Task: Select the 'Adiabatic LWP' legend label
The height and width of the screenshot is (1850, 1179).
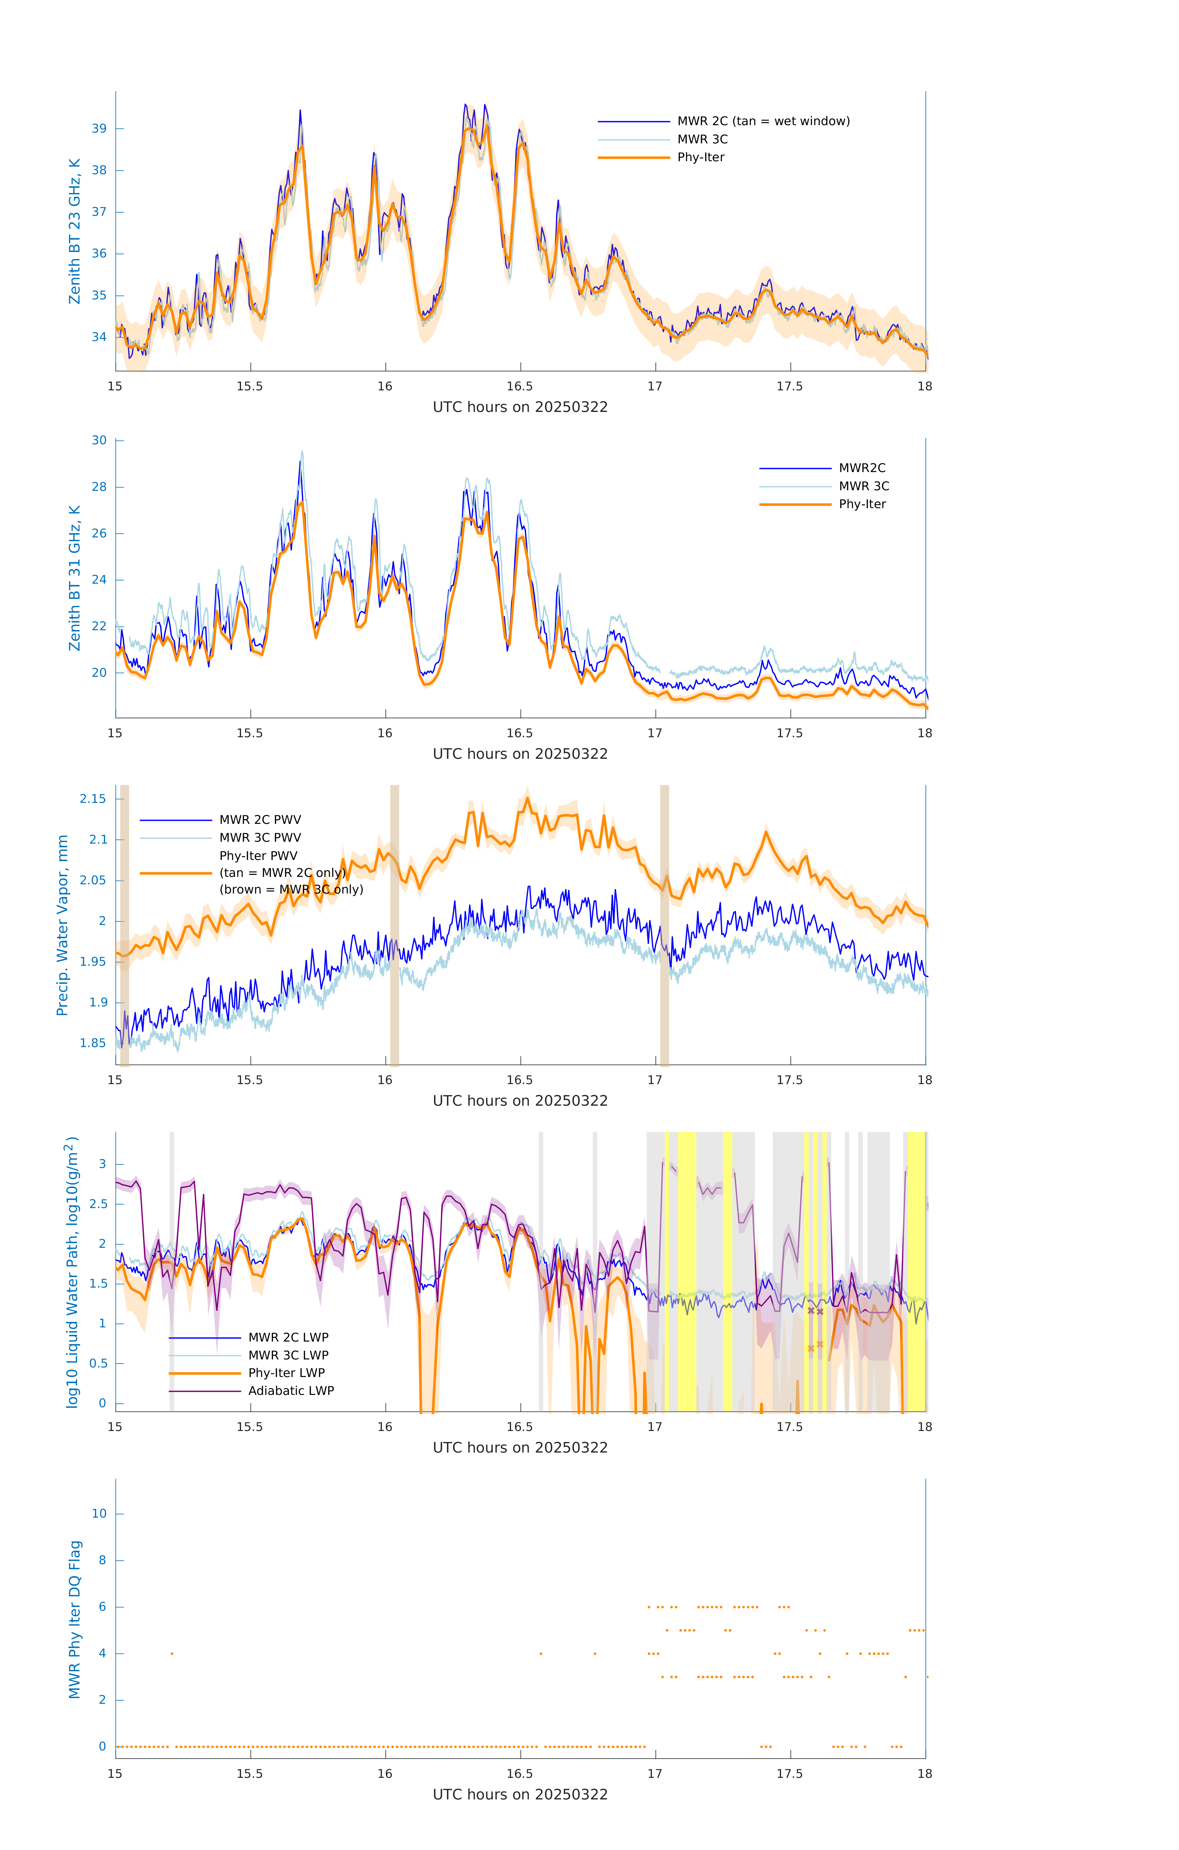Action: (x=291, y=1391)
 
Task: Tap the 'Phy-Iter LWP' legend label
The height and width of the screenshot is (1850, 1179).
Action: (x=286, y=1373)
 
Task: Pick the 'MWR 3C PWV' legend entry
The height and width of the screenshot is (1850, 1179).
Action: (x=260, y=837)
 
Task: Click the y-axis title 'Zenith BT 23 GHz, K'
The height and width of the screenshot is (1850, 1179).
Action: (x=75, y=231)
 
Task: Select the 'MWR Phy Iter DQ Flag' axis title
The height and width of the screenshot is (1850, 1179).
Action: (x=75, y=1619)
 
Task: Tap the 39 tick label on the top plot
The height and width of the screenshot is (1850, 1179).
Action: (x=99, y=128)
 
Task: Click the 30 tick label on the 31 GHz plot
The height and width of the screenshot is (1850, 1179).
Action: (x=99, y=440)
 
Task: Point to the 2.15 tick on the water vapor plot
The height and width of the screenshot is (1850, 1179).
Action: (x=93, y=799)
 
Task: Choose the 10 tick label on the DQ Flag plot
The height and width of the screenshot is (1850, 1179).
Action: (x=99, y=1514)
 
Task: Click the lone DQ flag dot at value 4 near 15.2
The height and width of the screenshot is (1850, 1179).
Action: (x=172, y=1653)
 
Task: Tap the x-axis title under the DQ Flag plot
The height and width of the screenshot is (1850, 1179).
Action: (x=520, y=1795)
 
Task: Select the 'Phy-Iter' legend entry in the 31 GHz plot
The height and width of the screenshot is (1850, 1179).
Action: (x=862, y=504)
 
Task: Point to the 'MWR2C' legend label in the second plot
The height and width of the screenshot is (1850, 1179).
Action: (x=862, y=468)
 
